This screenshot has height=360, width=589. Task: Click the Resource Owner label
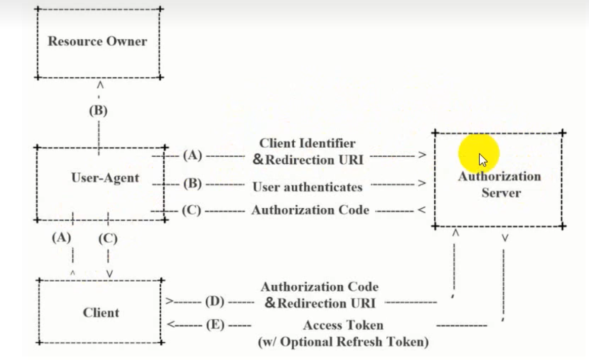(x=97, y=41)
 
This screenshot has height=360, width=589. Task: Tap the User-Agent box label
(x=105, y=178)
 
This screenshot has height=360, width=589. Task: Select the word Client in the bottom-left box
(x=101, y=312)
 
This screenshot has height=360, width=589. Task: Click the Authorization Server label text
(x=500, y=185)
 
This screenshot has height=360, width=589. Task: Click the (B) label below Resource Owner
(x=99, y=111)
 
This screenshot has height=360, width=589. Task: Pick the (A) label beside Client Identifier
(x=193, y=155)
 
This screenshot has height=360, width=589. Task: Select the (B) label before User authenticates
(x=193, y=184)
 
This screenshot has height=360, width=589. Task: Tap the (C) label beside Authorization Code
(x=192, y=210)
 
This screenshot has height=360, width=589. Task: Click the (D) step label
(x=215, y=301)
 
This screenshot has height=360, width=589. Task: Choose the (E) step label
(x=215, y=325)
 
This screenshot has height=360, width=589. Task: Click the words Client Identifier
(x=307, y=143)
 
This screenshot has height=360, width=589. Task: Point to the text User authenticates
(x=307, y=187)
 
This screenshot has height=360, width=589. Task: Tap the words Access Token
(x=343, y=325)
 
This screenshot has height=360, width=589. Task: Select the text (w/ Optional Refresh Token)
(x=343, y=342)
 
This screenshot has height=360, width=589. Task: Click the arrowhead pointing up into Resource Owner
(x=100, y=85)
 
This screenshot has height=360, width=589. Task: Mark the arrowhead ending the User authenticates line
(x=422, y=183)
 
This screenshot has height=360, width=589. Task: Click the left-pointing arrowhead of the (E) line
(x=171, y=324)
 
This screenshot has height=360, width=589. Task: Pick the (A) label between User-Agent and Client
(x=62, y=238)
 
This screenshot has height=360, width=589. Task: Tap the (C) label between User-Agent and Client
(x=108, y=239)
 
